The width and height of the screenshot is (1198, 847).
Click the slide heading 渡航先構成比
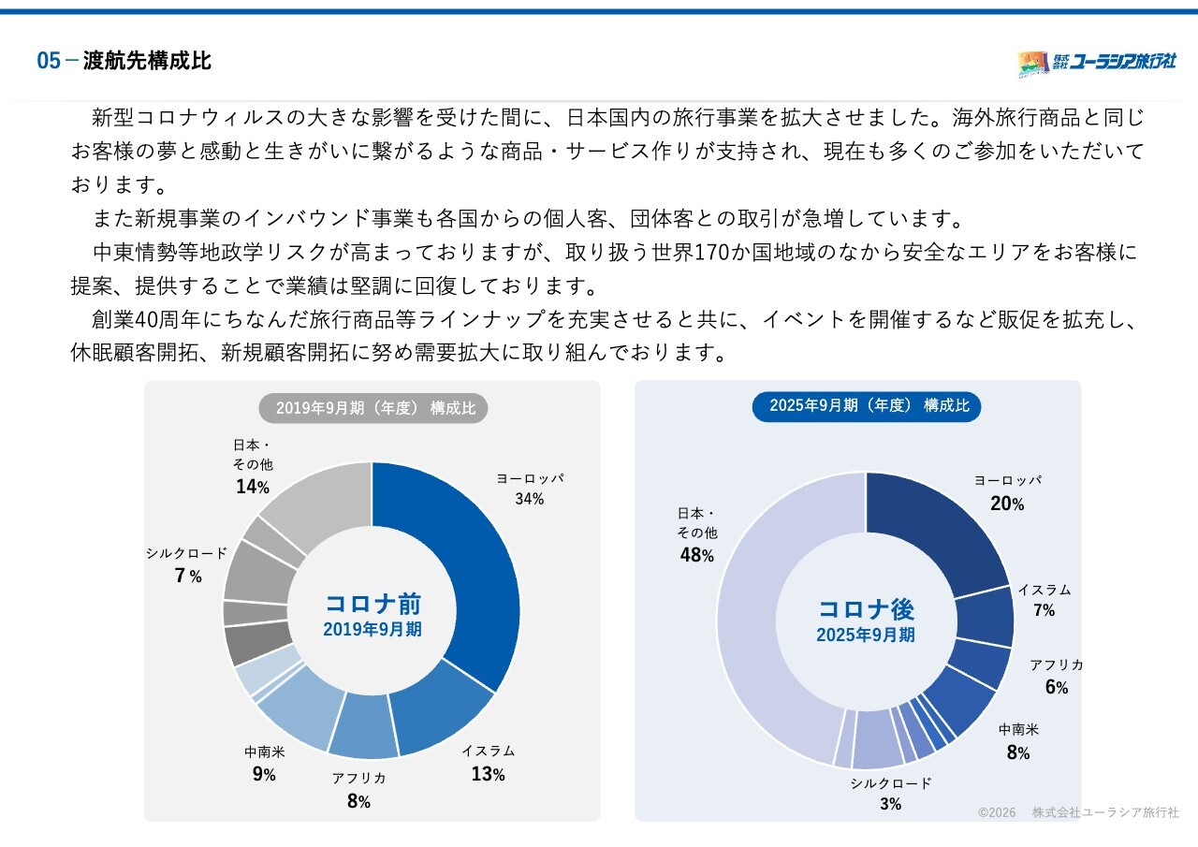click(147, 61)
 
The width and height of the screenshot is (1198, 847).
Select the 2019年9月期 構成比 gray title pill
click(373, 408)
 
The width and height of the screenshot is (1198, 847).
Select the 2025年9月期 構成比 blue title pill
click(867, 406)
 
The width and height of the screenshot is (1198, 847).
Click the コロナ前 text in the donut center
click(373, 605)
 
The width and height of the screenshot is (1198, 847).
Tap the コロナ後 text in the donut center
click(867, 609)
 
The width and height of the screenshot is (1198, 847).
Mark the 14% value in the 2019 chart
click(253, 487)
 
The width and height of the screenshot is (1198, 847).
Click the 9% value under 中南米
click(264, 774)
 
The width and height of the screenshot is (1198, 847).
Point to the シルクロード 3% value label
click(891, 804)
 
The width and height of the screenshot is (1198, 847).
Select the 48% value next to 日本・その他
click(697, 555)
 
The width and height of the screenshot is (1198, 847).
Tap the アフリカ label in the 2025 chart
click(1057, 664)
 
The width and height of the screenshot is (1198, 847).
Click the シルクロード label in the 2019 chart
click(186, 553)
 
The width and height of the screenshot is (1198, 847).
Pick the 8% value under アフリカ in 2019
click(358, 801)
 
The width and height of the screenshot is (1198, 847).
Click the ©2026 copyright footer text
click(997, 812)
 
